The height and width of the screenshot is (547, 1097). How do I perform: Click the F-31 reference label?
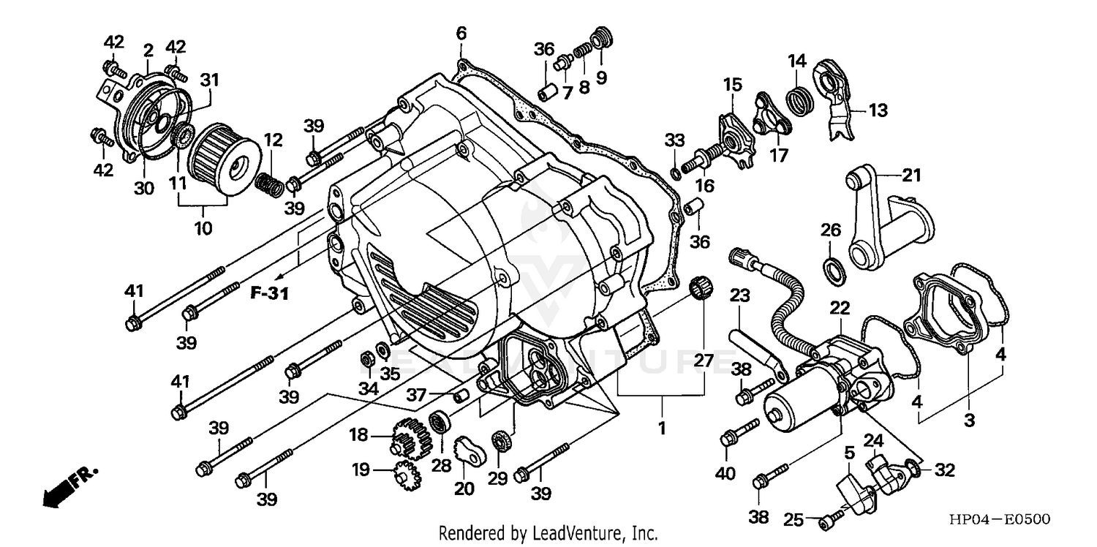pos(269,294)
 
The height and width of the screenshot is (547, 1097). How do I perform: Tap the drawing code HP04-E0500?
pos(1000,519)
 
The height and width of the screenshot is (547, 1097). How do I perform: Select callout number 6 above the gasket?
pos(461,34)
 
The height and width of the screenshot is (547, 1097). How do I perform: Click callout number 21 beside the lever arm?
pos(911,176)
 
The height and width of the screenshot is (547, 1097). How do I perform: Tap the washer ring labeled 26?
pos(833,270)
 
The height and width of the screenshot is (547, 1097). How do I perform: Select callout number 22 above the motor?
pos(839,309)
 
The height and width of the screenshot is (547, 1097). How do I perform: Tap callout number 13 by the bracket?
pos(877,110)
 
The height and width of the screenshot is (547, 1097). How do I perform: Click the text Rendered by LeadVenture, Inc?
pos(548,532)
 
